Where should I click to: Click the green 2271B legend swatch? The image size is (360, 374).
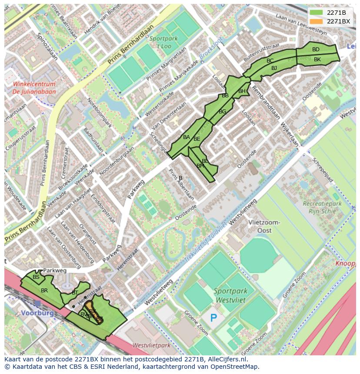tap(317, 13)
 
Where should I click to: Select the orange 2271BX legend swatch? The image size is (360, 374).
tap(317, 21)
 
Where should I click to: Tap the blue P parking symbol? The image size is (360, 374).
tap(213, 318)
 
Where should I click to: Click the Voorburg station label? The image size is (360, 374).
tap(37, 313)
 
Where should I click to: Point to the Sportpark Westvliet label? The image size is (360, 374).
tap(230, 295)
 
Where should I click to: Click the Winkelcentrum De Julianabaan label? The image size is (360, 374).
tap(34, 88)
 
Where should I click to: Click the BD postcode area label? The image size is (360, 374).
tap(316, 50)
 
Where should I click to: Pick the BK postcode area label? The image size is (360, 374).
tap(317, 60)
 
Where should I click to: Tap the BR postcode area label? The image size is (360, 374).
tap(44, 290)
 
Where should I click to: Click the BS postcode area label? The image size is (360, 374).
tap(36, 277)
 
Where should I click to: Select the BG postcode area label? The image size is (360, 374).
tap(222, 112)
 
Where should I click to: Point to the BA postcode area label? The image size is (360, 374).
tap(186, 137)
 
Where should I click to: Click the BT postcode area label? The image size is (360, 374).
tap(75, 293)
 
